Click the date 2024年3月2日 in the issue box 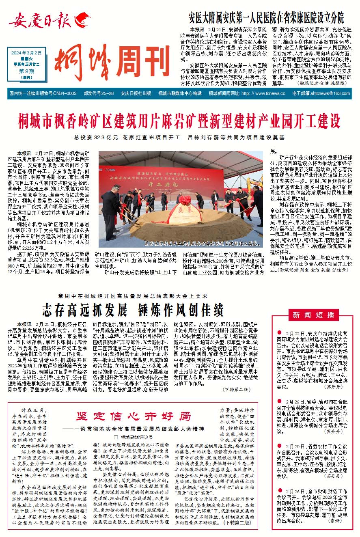[x=27, y=52]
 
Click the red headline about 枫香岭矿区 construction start [x=179, y=121]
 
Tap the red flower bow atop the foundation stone [x=184, y=200]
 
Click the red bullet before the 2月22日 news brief [x=280, y=332]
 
